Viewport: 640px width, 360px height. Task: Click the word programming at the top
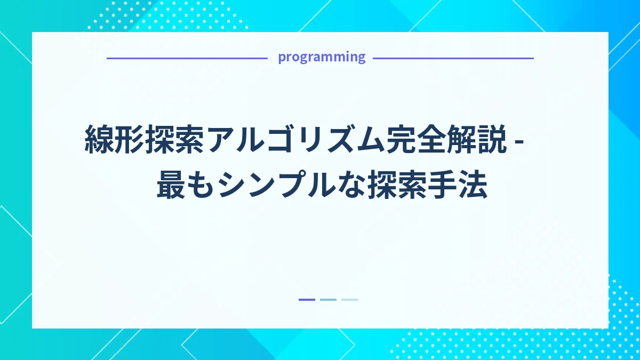point(322,57)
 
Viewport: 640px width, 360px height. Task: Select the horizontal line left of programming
point(187,58)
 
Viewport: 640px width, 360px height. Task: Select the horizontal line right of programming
point(453,58)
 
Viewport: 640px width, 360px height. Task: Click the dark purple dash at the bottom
point(307,300)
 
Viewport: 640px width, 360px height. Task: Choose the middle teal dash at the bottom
point(328,300)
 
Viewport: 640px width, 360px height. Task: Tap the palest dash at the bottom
point(349,300)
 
